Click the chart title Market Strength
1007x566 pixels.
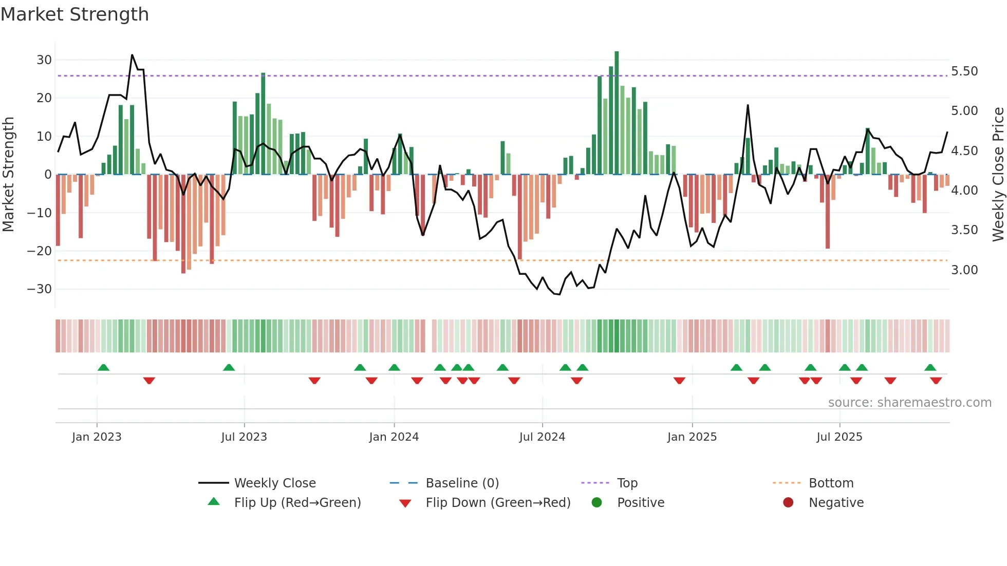tap(74, 14)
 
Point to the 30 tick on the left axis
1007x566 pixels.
tap(44, 60)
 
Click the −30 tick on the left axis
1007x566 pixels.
tap(40, 289)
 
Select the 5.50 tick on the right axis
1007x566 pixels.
tap(964, 71)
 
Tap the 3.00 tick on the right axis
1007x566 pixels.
tap(964, 270)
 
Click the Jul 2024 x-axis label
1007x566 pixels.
tap(542, 437)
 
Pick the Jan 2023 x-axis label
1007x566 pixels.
tap(97, 437)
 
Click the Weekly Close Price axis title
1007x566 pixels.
tap(998, 175)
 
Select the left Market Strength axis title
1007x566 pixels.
tap(8, 175)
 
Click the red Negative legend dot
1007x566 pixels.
tap(788, 502)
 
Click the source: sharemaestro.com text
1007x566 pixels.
tap(909, 403)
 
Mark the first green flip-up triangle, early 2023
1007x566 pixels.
tap(103, 368)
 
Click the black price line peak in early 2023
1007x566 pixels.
tap(132, 55)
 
